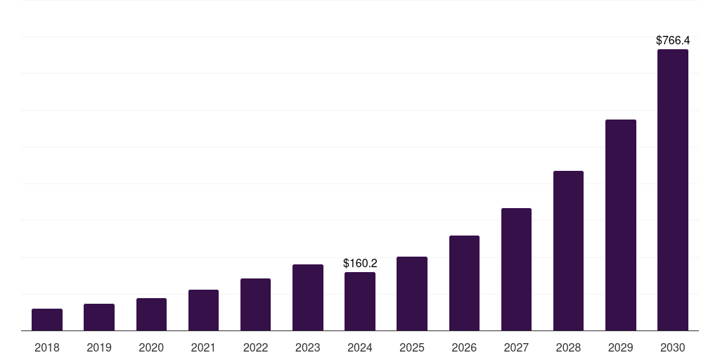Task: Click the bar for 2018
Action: click(x=47, y=319)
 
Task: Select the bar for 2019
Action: click(x=99, y=317)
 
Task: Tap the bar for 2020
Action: click(x=151, y=314)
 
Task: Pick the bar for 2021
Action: click(x=203, y=310)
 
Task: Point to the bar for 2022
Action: click(x=255, y=304)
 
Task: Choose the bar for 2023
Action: click(x=308, y=297)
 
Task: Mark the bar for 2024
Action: click(x=360, y=301)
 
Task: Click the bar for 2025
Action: click(x=412, y=293)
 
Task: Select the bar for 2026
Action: click(x=464, y=283)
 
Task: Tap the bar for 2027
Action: click(x=516, y=269)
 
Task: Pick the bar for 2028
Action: click(x=568, y=250)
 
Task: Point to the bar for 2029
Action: click(x=620, y=225)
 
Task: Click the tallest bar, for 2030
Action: click(x=673, y=190)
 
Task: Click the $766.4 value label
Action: click(x=673, y=41)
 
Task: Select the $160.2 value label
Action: click(x=360, y=264)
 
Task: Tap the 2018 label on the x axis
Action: click(x=47, y=347)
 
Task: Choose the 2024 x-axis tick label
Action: click(x=360, y=347)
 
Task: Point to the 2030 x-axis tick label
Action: click(x=673, y=347)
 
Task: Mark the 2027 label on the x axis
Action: click(x=516, y=347)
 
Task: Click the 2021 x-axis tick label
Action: click(x=203, y=347)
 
